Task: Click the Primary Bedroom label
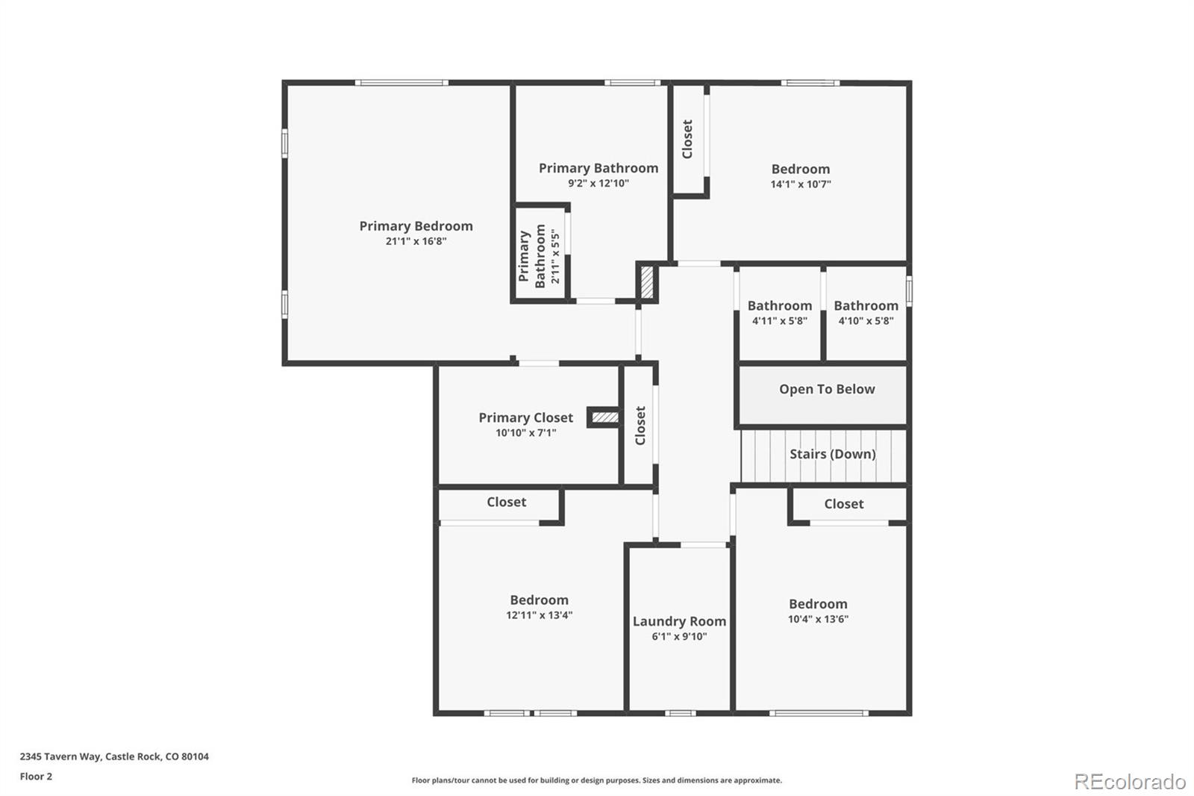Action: (x=416, y=226)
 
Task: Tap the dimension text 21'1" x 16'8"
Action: (x=416, y=241)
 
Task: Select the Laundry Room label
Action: (x=679, y=621)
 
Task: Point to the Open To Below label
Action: (x=827, y=389)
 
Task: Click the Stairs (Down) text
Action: (x=833, y=454)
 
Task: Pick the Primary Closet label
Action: (x=525, y=417)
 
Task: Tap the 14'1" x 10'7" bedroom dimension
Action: (x=801, y=184)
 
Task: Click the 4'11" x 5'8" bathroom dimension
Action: (x=779, y=320)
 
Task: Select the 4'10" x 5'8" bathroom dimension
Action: (x=866, y=320)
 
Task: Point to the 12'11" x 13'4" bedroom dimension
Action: (x=539, y=615)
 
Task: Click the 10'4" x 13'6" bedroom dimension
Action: (x=818, y=619)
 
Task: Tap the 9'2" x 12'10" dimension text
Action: (x=598, y=184)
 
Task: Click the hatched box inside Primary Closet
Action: (x=604, y=417)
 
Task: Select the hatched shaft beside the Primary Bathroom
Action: (x=646, y=282)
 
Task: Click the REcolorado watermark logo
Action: (x=1130, y=782)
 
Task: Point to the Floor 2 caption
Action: (x=37, y=777)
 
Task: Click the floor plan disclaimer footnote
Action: (x=596, y=780)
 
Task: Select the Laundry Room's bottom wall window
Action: (x=680, y=713)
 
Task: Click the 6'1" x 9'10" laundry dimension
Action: (x=679, y=636)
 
